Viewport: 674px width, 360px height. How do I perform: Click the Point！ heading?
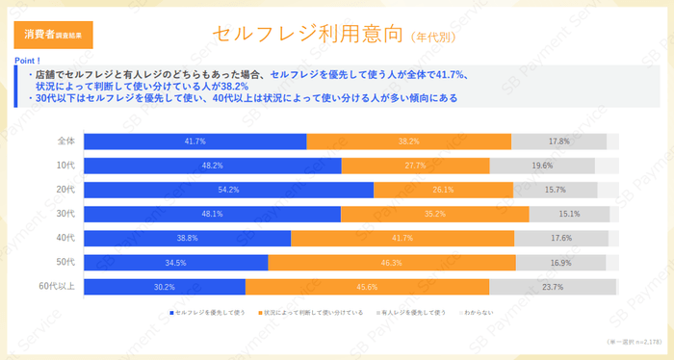coord(26,60)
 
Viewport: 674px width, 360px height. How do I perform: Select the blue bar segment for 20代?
coord(228,190)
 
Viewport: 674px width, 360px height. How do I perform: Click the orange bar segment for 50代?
coord(391,262)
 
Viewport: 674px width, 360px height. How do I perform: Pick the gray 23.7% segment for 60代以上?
coord(552,286)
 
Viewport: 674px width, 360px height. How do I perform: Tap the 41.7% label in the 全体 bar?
coord(195,141)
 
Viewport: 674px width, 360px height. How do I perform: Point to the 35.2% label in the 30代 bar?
coord(434,214)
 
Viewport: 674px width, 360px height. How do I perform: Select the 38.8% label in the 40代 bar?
coord(188,238)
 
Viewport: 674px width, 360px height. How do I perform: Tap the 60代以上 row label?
coord(60,286)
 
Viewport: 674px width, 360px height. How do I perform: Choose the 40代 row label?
coord(66,238)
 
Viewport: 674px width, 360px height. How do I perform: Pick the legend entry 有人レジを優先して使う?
coord(411,313)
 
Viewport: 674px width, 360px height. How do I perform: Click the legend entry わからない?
coord(480,313)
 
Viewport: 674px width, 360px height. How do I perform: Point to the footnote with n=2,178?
coord(631,342)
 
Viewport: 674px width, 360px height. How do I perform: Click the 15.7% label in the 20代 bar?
coord(555,190)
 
